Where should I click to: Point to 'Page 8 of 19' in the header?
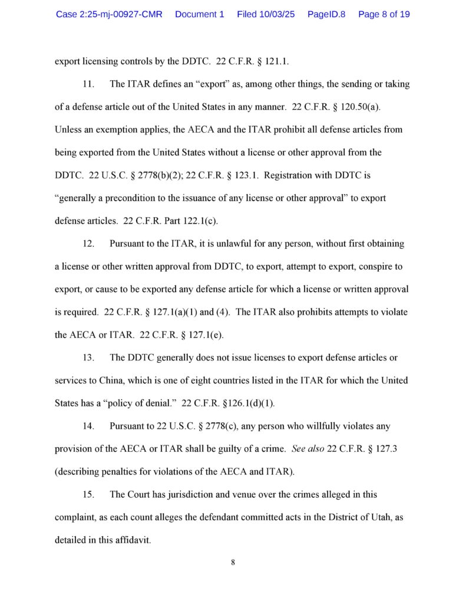point(384,14)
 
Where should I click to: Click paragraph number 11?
point(88,84)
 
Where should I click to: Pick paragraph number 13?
point(88,358)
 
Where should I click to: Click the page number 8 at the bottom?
point(233,562)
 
